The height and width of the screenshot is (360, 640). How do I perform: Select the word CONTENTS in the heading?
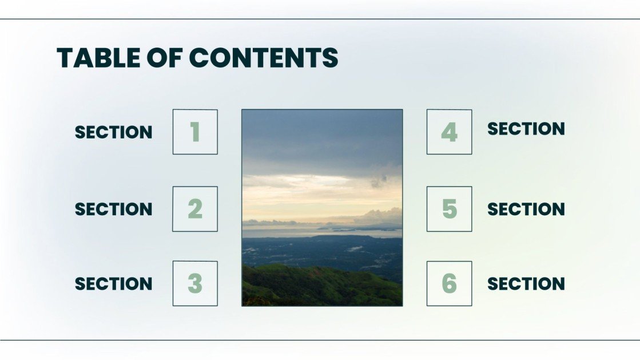(264, 58)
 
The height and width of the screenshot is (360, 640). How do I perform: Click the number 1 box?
(195, 132)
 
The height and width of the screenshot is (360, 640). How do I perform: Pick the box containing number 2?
(195, 209)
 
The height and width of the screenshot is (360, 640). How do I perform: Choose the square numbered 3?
(195, 283)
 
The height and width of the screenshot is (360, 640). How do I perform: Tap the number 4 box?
(449, 132)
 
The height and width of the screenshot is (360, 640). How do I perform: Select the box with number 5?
(449, 209)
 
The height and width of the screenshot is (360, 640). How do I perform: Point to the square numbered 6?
(449, 283)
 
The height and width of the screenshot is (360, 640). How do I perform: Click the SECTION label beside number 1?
(114, 132)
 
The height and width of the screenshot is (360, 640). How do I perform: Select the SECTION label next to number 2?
(114, 209)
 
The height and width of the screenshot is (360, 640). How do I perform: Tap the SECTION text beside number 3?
(114, 284)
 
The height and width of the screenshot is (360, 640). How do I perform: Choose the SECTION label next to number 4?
(526, 129)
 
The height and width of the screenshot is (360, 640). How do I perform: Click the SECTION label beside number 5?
(526, 209)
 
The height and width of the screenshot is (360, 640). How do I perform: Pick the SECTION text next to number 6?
(526, 284)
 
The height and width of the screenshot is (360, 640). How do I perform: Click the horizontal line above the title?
(320, 19)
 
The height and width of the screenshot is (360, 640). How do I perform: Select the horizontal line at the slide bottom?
(320, 340)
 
